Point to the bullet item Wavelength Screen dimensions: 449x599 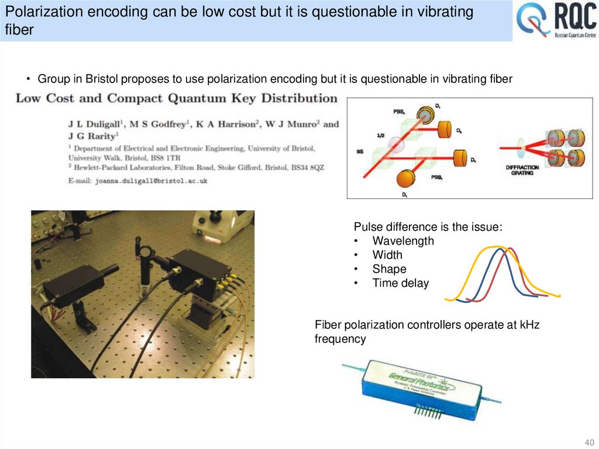click(403, 241)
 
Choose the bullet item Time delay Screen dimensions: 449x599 click(400, 283)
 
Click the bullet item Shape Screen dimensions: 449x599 click(389, 269)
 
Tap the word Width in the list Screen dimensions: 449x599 click(387, 255)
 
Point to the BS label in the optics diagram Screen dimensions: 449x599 click(360, 152)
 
